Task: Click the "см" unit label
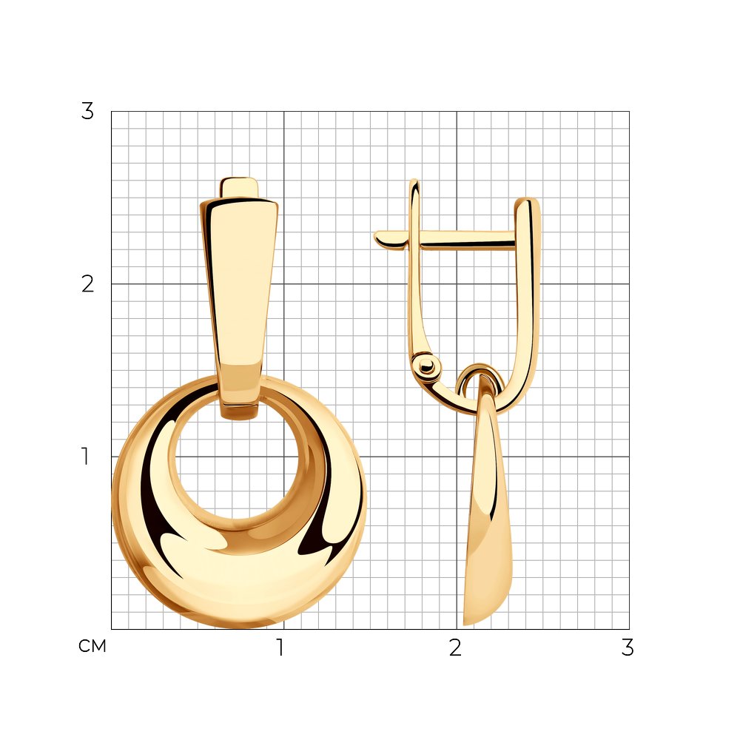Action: tap(92, 646)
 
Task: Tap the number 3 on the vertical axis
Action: tap(87, 112)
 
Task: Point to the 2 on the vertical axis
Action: tap(87, 284)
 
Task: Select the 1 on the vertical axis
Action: tap(85, 457)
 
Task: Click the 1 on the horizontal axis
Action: tap(280, 647)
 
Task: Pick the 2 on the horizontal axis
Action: tap(455, 647)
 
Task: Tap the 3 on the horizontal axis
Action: tap(628, 647)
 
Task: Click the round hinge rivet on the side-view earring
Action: tap(425, 365)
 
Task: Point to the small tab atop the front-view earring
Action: tap(239, 187)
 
